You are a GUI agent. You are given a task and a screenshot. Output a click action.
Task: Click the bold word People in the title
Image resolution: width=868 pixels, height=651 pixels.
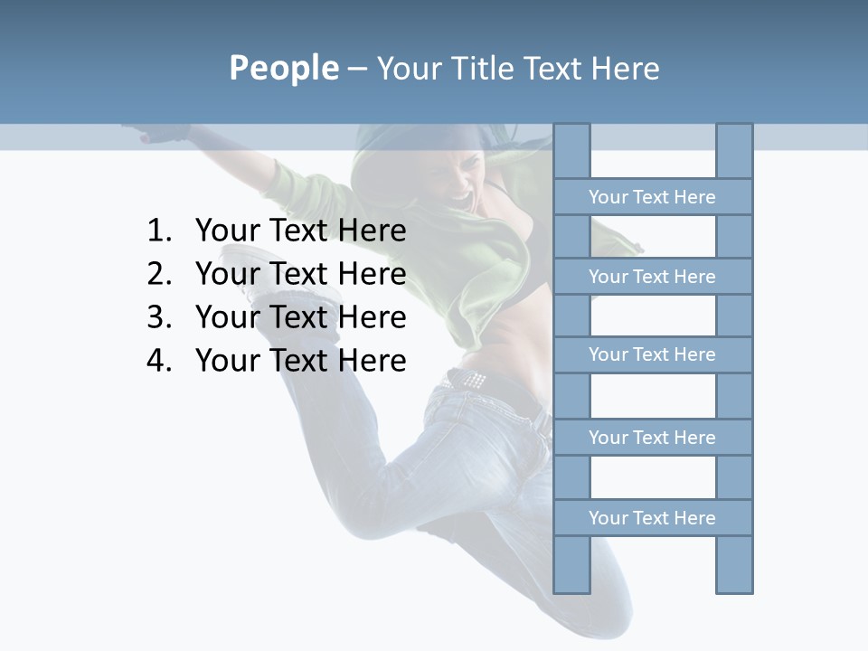click(x=282, y=69)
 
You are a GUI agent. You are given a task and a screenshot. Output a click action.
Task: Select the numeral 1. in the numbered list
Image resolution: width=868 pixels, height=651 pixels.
click(x=158, y=231)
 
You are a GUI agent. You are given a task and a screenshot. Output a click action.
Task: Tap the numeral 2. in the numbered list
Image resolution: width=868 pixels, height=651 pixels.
click(x=158, y=274)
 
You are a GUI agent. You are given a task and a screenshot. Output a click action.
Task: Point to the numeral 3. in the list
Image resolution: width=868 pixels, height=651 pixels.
click(x=158, y=317)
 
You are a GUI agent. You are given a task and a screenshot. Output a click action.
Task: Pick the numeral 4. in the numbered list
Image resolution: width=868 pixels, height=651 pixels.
click(x=158, y=361)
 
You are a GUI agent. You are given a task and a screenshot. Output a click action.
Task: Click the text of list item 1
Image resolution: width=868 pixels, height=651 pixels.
click(x=300, y=231)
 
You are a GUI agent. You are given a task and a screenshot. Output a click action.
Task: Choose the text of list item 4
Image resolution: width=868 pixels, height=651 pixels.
click(x=300, y=361)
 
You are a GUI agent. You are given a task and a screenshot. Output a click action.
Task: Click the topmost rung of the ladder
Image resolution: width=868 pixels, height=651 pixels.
click(x=652, y=197)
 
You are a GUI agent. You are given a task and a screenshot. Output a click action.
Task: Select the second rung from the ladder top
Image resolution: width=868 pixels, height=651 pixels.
click(x=652, y=277)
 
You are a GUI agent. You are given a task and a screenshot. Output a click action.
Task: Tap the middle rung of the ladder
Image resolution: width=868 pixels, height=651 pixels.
click(x=652, y=354)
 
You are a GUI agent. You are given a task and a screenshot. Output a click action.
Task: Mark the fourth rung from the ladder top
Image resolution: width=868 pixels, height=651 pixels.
click(x=652, y=438)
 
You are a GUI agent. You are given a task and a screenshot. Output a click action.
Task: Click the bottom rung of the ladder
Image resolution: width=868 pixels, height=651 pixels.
click(x=652, y=518)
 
